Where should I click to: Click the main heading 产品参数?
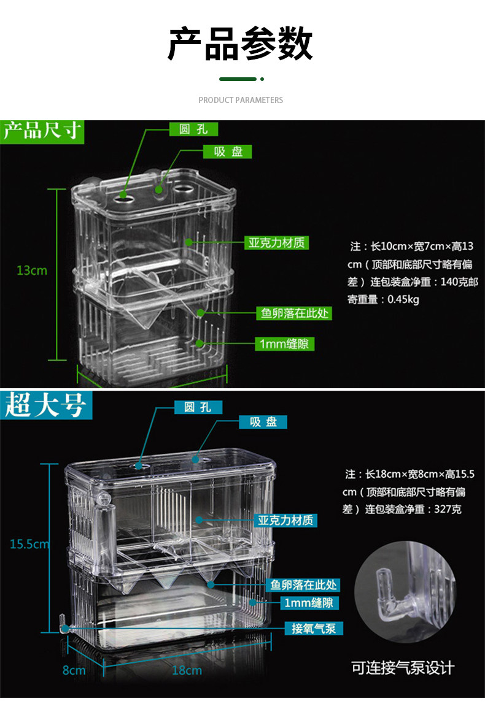241,45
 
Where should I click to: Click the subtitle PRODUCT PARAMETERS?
241,100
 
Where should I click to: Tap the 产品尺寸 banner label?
42,131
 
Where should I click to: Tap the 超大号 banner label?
45,405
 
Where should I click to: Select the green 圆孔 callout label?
193,129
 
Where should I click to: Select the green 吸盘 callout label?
228,151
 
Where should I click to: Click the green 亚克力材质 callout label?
276,243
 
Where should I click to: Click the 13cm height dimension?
32,270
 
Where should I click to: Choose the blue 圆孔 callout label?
198,407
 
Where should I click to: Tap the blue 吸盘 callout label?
263,422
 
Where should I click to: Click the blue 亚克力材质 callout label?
286,521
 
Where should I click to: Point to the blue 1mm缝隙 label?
311,604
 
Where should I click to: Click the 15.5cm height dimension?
29,544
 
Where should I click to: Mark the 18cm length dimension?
187,670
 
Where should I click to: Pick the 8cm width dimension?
74,670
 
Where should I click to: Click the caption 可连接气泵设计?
403,668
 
